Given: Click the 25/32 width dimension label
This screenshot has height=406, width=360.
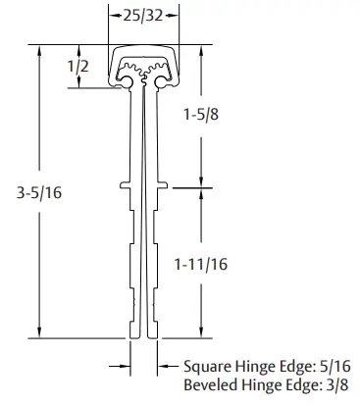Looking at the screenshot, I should [143, 17].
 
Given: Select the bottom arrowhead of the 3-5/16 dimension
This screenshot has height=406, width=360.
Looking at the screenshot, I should [38, 333].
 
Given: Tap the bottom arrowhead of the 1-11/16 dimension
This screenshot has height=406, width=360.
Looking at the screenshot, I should [202, 333].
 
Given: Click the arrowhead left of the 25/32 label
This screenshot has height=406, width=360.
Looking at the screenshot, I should [114, 17].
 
